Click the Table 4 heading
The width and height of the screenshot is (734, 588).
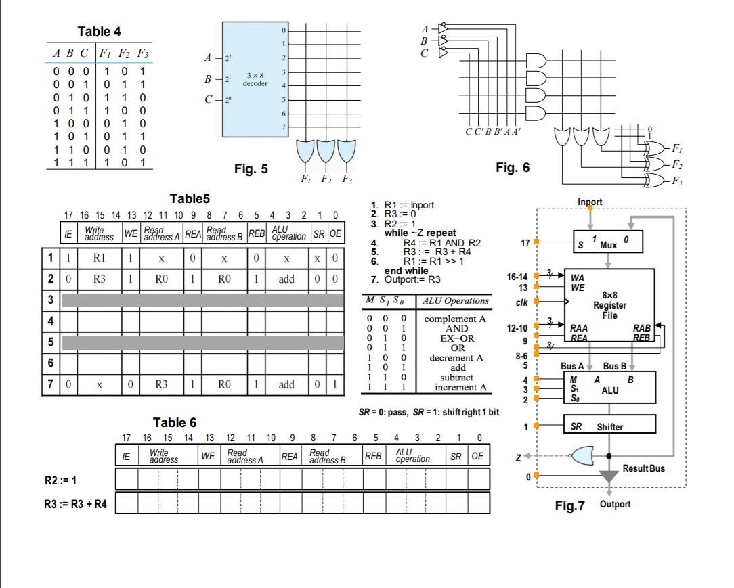[99, 32]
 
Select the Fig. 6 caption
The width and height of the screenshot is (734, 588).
[513, 168]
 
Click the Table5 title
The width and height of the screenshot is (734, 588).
[190, 198]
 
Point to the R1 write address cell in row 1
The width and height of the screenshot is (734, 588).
[100, 258]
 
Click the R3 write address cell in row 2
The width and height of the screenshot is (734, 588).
[100, 278]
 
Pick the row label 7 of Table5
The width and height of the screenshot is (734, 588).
[49, 384]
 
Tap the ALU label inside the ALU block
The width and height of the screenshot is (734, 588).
[610, 390]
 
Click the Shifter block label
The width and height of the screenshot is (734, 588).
[609, 427]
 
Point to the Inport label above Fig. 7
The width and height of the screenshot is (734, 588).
[590, 202]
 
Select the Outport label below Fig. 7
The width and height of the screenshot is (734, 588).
[615, 504]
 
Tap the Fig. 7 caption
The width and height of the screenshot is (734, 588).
[569, 505]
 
